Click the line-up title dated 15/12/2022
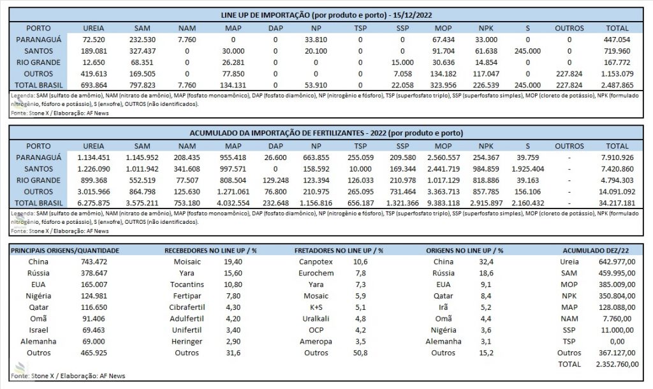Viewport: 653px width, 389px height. point(326,15)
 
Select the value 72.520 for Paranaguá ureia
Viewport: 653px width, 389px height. point(94,40)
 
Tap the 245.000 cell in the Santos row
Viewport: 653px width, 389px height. point(527,51)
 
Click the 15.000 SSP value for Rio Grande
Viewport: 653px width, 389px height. point(402,62)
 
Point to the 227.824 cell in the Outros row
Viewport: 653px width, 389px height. point(569,74)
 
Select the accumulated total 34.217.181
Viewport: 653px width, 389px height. point(617,203)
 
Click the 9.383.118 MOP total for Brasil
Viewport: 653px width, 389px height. point(443,203)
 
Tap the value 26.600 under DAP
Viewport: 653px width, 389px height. point(275,158)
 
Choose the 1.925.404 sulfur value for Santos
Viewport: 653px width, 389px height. point(527,169)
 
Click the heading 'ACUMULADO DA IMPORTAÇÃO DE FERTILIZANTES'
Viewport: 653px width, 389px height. point(277,133)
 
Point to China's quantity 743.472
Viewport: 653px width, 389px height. point(94,262)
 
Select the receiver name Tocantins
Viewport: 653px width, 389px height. point(187,285)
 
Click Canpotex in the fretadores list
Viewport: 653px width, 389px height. point(316,262)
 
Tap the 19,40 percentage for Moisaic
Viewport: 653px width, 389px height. point(233,262)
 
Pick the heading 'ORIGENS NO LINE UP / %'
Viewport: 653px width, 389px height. point(464,251)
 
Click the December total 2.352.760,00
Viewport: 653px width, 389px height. point(617,364)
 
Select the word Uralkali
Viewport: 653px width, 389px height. point(316,319)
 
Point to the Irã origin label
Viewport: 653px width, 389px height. point(443,307)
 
